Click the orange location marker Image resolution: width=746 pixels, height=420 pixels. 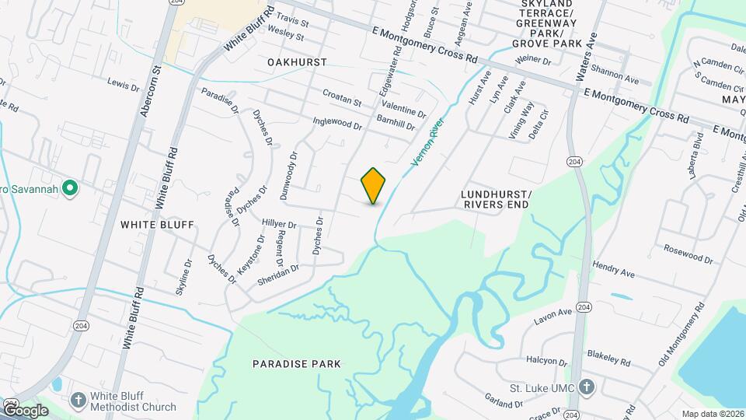pyautogui.click(x=374, y=186)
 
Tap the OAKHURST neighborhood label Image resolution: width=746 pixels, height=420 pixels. pyautogui.click(x=297, y=61)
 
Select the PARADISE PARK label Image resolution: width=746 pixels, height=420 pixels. pyautogui.click(x=297, y=364)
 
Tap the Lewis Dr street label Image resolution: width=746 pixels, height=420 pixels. pyautogui.click(x=122, y=82)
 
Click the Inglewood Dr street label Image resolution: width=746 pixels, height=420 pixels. pyautogui.click(x=337, y=123)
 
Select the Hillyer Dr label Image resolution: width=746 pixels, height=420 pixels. pyautogui.click(x=279, y=224)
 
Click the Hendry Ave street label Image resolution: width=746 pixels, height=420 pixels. pyautogui.click(x=613, y=270)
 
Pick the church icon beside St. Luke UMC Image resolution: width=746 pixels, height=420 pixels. pyautogui.click(x=587, y=387)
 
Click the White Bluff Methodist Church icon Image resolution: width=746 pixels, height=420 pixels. pyautogui.click(x=78, y=401)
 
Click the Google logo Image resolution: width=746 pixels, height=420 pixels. pyautogui.click(x=25, y=410)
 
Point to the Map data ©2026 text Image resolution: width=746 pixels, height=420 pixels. pyautogui.click(x=713, y=414)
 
